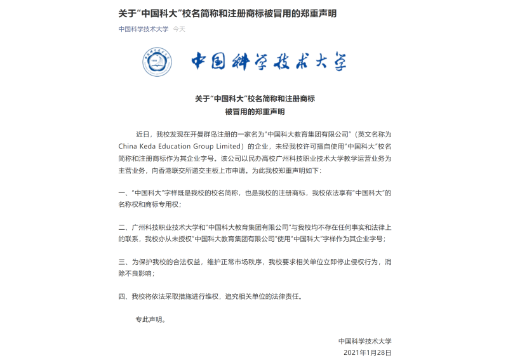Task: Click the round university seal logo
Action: coord(157,61)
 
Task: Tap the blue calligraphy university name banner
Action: coord(269,62)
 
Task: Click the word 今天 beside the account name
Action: coord(179,29)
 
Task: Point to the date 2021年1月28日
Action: coord(368,352)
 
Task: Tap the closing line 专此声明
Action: coord(150,319)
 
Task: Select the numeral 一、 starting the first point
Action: coord(123,192)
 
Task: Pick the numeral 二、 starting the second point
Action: coord(123,227)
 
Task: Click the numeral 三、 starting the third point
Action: coord(123,262)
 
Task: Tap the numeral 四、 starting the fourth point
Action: coord(123,296)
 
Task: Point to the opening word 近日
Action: coord(142,134)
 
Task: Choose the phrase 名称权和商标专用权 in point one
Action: coord(150,204)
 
